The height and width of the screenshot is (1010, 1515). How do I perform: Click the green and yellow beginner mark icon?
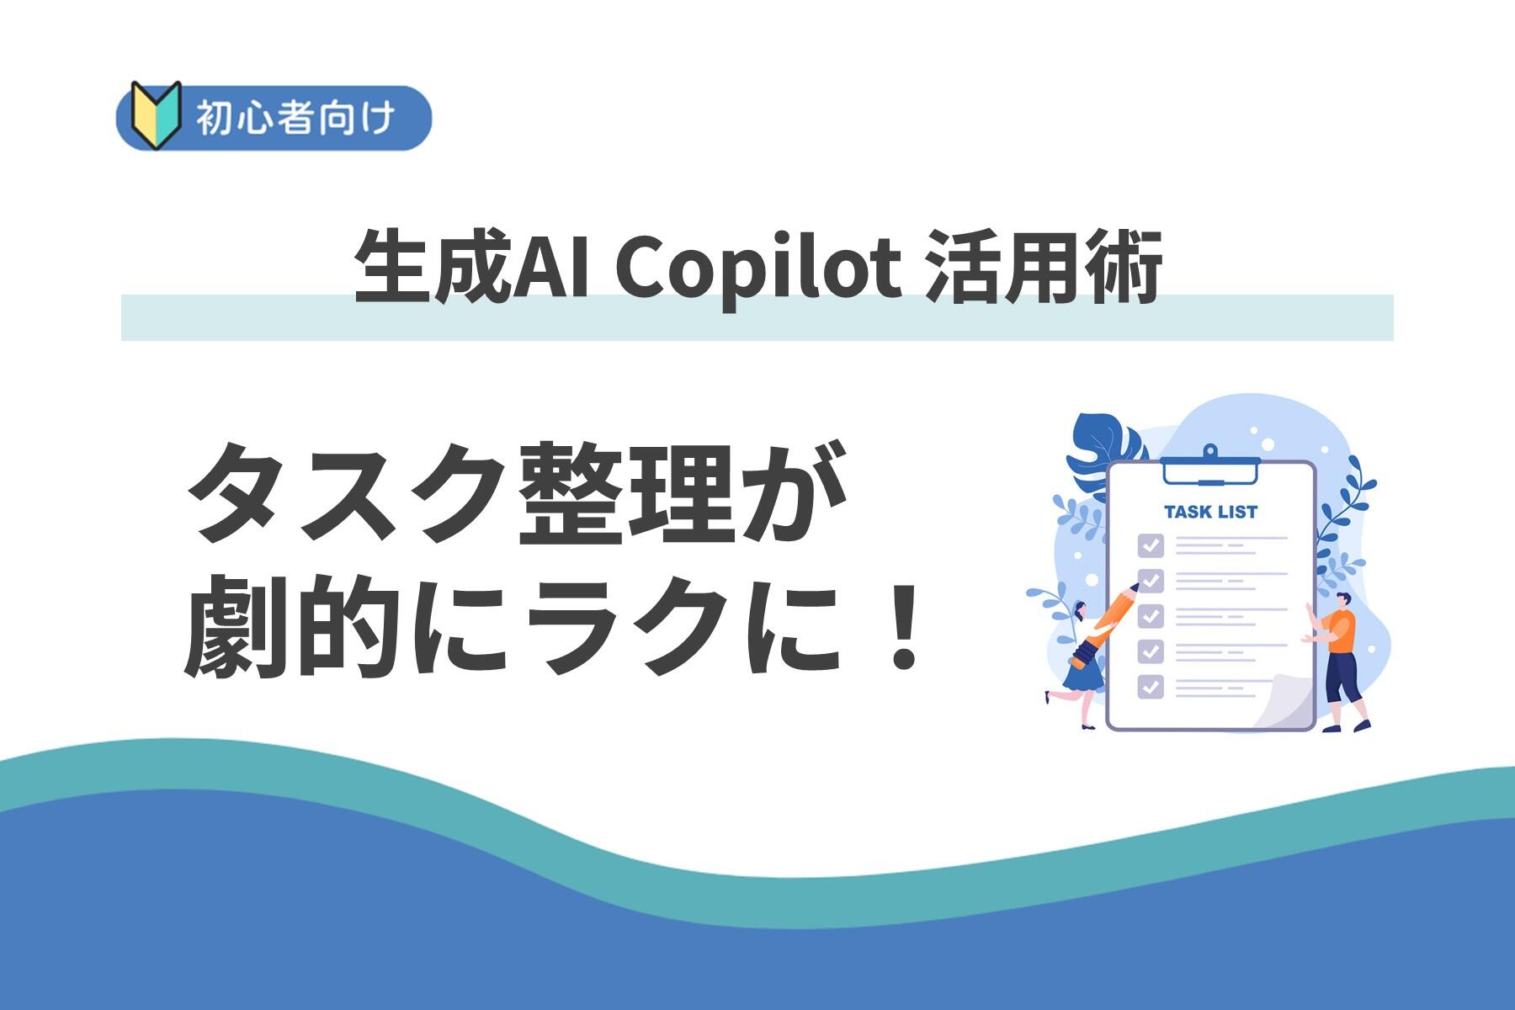click(157, 115)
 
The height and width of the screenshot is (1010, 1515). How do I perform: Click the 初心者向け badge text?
click(295, 118)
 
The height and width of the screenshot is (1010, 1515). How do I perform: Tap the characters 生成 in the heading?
click(433, 268)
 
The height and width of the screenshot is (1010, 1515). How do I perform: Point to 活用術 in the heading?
click(1044, 268)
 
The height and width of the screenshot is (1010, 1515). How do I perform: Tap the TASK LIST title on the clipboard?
click(1210, 512)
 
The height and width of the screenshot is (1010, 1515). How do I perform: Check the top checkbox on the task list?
click(1151, 545)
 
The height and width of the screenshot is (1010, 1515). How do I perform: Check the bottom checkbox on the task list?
click(1151, 686)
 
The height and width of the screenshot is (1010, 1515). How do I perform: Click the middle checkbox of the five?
click(1151, 615)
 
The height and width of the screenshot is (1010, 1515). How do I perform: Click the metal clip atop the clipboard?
click(1209, 465)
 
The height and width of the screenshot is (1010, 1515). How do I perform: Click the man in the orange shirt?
click(1339, 661)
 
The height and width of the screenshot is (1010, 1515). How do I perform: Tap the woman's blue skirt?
click(1082, 673)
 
